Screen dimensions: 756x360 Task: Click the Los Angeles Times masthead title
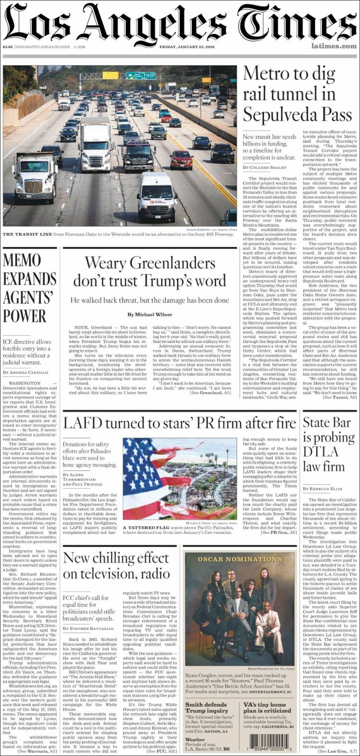(180, 23)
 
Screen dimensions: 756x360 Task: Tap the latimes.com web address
(334, 46)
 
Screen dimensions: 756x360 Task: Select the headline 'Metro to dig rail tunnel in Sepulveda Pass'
(289, 95)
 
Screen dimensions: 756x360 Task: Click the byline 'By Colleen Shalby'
(264, 167)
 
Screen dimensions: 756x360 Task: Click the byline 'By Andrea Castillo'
(25, 373)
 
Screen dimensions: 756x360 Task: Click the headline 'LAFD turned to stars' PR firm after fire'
(180, 423)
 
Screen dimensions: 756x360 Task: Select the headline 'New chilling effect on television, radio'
(117, 565)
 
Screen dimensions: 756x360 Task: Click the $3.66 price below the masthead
(7, 47)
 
